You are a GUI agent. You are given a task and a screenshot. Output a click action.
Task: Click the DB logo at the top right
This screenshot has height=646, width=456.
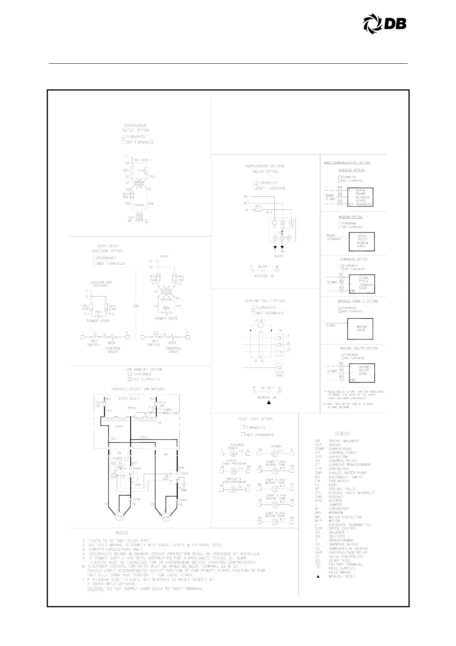click(x=384, y=24)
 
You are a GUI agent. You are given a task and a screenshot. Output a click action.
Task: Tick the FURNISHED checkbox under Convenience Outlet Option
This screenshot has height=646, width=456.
click(x=124, y=137)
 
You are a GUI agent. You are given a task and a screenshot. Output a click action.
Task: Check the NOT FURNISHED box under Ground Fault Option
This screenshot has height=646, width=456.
click(x=253, y=313)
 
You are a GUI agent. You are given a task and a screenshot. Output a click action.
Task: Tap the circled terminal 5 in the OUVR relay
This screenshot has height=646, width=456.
click(x=282, y=238)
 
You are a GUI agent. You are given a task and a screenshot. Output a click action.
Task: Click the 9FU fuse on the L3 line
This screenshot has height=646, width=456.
click(x=258, y=210)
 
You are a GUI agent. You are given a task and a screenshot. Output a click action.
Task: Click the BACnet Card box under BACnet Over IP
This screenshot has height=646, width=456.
click(x=361, y=329)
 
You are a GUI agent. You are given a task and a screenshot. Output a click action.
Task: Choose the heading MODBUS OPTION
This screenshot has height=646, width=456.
click(x=351, y=170)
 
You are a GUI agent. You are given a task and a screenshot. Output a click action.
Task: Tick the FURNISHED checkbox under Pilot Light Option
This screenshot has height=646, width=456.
click(x=243, y=427)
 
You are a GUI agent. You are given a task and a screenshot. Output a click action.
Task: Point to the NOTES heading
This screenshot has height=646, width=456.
click(x=122, y=532)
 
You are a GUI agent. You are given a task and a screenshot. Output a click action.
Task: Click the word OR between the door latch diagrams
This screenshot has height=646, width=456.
click(x=136, y=306)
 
